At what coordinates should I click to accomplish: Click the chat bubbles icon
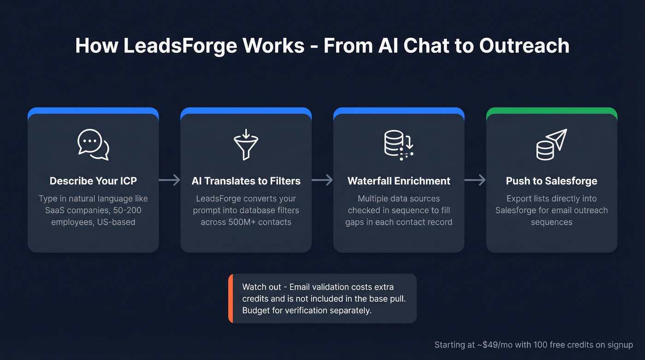click(93, 145)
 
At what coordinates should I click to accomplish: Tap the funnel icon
click(246, 144)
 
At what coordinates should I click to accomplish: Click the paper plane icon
click(551, 145)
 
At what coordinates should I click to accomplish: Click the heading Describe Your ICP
click(93, 181)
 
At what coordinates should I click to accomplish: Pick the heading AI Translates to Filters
click(246, 181)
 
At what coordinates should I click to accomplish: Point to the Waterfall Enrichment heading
click(399, 181)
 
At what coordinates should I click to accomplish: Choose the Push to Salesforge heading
click(551, 181)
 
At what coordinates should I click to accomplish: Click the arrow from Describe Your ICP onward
click(170, 180)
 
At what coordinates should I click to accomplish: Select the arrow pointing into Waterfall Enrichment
click(322, 180)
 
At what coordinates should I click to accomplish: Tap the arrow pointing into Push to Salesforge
click(475, 180)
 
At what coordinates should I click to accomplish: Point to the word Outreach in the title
click(524, 46)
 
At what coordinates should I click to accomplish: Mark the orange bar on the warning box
click(230, 299)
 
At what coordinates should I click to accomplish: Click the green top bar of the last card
click(551, 111)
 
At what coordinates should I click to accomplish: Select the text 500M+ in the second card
click(241, 222)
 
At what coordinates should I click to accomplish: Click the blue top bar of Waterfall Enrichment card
click(399, 111)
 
